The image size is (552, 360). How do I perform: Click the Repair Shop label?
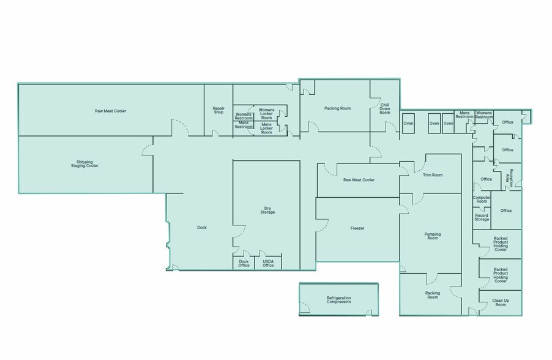tap(218, 110)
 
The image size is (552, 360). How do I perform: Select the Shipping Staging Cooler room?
tap(86, 165)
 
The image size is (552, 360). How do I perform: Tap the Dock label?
tap(202, 228)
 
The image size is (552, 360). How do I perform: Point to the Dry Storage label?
tap(267, 210)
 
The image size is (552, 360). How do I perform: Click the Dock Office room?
tap(244, 263)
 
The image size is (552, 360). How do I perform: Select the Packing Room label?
tap(338, 108)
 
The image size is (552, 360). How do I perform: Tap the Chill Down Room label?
tap(385, 108)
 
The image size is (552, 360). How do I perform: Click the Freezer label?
tap(357, 228)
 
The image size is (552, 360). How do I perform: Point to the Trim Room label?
tap(433, 175)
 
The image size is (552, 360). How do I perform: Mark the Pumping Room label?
tap(433, 236)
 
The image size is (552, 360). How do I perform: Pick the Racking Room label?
tap(433, 295)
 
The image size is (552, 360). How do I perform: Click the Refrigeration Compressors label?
tap(338, 300)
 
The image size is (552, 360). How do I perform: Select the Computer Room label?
tap(482, 200)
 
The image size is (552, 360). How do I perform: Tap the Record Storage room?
tap(482, 218)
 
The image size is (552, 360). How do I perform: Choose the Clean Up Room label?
tap(501, 302)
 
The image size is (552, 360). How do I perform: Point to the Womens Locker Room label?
tap(266, 114)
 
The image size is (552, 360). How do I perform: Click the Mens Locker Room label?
tap(266, 128)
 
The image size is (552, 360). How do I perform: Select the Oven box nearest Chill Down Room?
tap(408, 123)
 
